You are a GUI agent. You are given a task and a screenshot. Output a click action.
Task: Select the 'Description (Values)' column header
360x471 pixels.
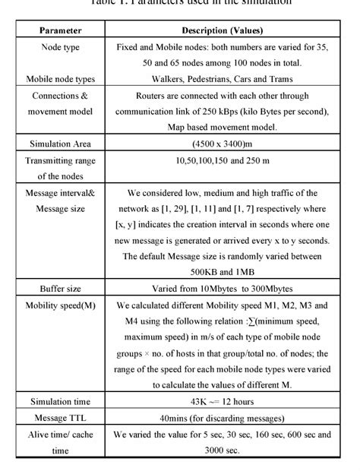(222, 30)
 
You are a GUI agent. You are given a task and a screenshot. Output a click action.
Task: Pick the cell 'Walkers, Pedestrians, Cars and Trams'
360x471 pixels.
(222, 79)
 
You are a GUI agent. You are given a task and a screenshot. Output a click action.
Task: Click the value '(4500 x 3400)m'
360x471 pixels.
(222, 144)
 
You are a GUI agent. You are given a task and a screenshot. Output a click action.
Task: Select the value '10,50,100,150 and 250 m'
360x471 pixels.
(222, 161)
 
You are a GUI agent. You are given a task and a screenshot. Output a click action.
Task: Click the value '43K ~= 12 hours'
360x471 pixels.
(222, 402)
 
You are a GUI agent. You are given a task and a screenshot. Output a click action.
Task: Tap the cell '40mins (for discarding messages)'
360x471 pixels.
(222, 418)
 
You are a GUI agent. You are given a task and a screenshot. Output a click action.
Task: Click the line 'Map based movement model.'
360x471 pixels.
(222, 127)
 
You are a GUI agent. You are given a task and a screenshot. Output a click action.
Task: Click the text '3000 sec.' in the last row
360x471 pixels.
(222, 450)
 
